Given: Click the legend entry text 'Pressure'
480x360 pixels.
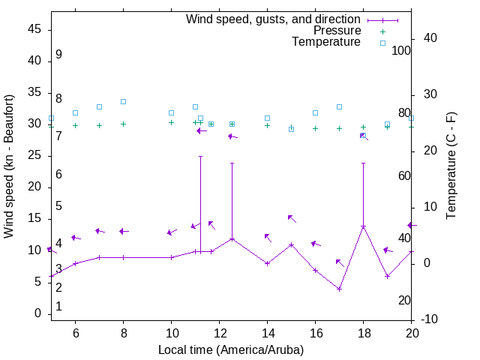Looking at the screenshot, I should point(337,31).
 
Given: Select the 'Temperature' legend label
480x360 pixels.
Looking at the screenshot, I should point(326,42).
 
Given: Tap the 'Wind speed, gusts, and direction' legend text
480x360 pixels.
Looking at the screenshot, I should point(273,19).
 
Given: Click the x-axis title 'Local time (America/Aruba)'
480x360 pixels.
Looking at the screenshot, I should point(231,349).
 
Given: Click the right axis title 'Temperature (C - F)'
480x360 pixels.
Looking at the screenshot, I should point(451,166).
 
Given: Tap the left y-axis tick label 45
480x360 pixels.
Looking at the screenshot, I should point(34,30).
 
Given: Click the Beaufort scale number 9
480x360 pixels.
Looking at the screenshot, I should point(58,55).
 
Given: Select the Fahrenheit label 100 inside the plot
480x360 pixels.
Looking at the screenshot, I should point(401,50).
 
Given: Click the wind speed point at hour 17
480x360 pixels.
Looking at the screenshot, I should point(339,289).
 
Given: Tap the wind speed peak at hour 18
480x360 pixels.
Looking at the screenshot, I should point(363,226).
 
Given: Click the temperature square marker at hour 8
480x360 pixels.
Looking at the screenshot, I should point(123,101).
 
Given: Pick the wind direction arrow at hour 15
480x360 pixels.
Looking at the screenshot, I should point(292,218).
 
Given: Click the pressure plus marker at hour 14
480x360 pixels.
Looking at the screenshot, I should point(267,125).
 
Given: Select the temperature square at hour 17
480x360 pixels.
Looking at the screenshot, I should point(339,106).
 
